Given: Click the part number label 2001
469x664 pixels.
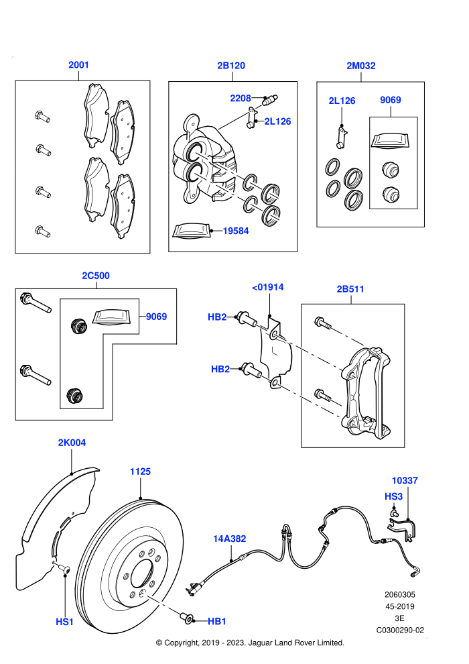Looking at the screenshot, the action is click(x=78, y=65).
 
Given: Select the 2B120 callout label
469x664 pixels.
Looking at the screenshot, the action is click(x=231, y=65).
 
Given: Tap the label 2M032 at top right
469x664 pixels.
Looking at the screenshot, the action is click(x=360, y=65).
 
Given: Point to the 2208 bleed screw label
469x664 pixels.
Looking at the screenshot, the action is click(x=241, y=98).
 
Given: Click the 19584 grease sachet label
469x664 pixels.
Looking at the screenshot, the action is click(x=236, y=231).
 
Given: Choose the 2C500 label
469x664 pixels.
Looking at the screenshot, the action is click(x=96, y=276).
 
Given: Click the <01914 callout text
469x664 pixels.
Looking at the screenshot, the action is click(x=268, y=287).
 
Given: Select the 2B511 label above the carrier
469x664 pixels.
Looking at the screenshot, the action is click(x=350, y=289).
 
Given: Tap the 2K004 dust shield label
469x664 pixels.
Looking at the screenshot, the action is click(x=72, y=443).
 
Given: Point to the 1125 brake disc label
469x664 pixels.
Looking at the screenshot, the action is click(x=140, y=472).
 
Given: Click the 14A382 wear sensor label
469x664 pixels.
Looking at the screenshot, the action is click(x=229, y=539).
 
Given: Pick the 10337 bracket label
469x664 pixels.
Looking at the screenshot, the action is click(x=404, y=481).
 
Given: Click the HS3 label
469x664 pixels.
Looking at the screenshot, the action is click(x=393, y=496).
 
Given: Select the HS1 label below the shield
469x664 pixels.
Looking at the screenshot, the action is click(x=65, y=622).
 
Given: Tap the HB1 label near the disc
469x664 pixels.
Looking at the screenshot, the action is click(x=217, y=621).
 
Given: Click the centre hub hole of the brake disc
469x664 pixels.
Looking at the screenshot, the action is click(x=141, y=575).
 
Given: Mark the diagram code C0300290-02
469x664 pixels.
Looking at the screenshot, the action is click(x=400, y=630).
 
